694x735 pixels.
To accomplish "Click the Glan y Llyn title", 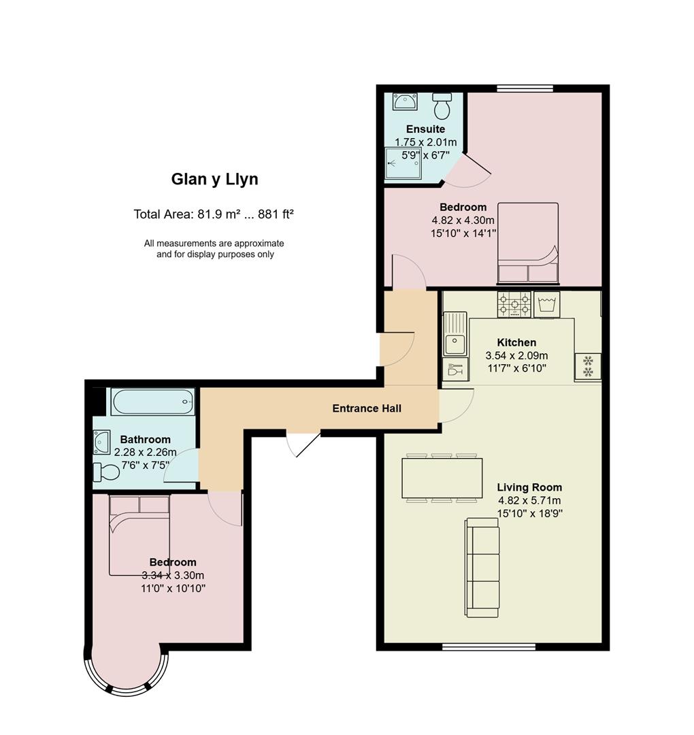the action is tap(214, 180).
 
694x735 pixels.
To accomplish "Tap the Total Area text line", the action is tap(214, 214).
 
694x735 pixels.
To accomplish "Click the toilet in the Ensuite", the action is tap(442, 105).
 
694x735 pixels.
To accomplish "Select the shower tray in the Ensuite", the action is tap(403, 163).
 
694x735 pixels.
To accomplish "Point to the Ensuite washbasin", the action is tap(404, 101).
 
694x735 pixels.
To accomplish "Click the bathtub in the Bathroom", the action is tap(153, 402).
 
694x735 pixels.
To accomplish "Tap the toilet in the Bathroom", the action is tap(106, 472).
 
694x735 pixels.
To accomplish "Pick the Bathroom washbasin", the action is tap(101, 442).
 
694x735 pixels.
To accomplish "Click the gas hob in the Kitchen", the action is tap(514, 304).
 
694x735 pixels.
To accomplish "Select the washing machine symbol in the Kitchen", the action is tap(546, 304).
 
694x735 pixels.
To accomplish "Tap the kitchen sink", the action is tap(455, 333).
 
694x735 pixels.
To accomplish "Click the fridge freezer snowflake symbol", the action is tap(588, 366).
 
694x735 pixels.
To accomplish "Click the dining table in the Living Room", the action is tap(442, 478).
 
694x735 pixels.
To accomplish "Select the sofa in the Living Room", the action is tap(482, 568).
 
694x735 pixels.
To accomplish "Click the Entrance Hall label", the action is tap(367, 409).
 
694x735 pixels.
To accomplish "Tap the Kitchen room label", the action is tap(516, 342).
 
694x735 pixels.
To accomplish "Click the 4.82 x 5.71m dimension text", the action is tap(529, 501).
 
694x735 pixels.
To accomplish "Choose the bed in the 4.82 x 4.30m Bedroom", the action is tap(528, 243).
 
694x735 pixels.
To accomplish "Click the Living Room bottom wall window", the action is tap(489, 647).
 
